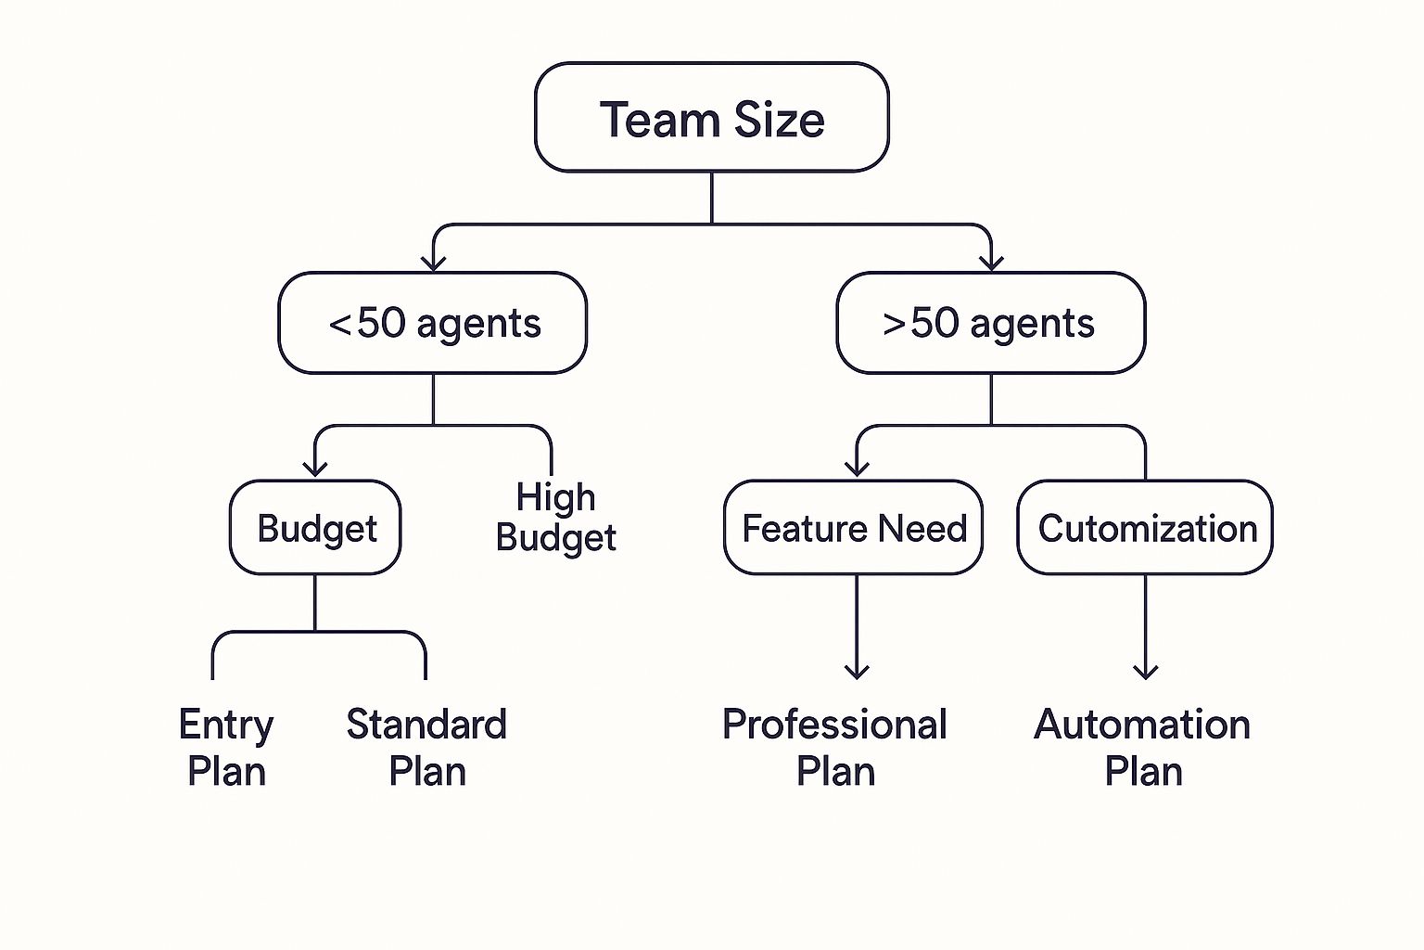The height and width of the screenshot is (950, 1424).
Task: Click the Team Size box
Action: click(x=711, y=118)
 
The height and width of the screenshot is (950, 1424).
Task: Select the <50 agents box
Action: click(x=433, y=323)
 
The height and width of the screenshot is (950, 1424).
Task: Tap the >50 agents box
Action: click(x=990, y=323)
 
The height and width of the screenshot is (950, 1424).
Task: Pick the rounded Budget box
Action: click(x=315, y=528)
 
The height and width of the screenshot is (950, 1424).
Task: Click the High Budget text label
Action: click(x=555, y=517)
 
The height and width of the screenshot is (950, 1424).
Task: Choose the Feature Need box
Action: click(x=853, y=528)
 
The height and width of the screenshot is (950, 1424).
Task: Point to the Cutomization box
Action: click(x=1145, y=528)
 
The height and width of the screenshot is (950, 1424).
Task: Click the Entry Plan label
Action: click(x=226, y=748)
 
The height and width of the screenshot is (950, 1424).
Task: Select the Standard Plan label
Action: click(x=426, y=748)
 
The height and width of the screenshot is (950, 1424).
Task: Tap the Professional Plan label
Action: click(x=834, y=748)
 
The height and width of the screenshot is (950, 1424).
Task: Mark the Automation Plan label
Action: click(x=1142, y=748)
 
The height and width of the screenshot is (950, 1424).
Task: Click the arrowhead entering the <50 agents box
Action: click(x=433, y=263)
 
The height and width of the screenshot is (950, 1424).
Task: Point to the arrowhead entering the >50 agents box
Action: click(x=991, y=263)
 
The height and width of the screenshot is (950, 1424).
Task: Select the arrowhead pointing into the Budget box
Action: click(x=315, y=469)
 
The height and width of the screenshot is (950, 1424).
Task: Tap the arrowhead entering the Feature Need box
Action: click(x=857, y=469)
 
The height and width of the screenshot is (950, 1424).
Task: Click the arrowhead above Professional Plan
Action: click(x=857, y=672)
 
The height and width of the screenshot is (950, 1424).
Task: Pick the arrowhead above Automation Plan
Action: click(x=1146, y=672)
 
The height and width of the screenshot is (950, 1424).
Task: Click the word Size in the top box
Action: click(x=779, y=120)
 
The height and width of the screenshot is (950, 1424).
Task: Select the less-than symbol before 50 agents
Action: click(x=340, y=325)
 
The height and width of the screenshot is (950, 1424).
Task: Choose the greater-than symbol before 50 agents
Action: click(x=894, y=325)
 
